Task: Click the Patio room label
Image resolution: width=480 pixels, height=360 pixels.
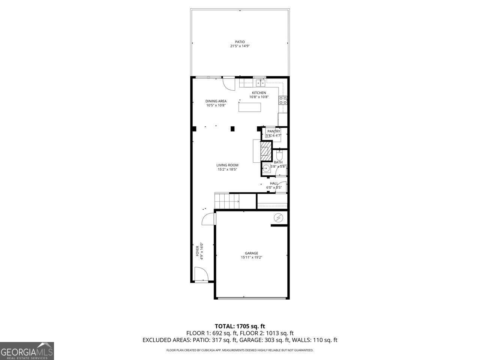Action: (x=240, y=42)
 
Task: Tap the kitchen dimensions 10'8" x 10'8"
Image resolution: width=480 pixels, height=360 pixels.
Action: (x=259, y=97)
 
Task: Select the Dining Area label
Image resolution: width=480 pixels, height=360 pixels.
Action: (x=216, y=101)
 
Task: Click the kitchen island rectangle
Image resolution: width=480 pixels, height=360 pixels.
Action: (x=250, y=107)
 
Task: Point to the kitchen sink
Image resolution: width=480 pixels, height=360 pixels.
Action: (x=261, y=83)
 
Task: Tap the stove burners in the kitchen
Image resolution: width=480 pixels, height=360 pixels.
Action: (x=283, y=100)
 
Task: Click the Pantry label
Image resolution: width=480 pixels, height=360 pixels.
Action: (x=274, y=131)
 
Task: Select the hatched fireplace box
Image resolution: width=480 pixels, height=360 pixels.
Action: (x=266, y=150)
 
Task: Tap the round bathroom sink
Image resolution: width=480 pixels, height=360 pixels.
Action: (x=266, y=169)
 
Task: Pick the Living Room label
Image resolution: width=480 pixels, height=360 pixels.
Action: (x=227, y=165)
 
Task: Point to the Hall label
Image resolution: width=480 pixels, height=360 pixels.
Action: (x=274, y=183)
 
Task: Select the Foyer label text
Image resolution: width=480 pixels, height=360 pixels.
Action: (x=198, y=251)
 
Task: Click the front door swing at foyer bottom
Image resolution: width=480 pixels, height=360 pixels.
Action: (x=201, y=274)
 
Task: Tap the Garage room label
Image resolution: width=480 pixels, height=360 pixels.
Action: (x=251, y=253)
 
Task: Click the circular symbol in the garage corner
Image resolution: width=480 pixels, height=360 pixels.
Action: (x=279, y=217)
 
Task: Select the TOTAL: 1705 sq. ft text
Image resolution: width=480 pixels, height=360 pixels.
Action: (x=240, y=326)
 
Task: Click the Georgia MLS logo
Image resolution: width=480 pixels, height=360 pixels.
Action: (x=27, y=351)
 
